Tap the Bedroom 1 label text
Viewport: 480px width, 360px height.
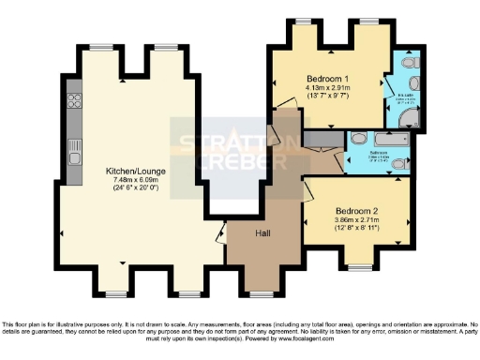(328, 79)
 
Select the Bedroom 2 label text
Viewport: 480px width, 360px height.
(358, 211)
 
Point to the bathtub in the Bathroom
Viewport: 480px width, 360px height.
(386, 139)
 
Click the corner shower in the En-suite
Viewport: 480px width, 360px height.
(409, 116)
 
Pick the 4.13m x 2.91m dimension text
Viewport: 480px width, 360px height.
(328, 88)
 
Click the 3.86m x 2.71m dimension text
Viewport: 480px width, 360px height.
(358, 220)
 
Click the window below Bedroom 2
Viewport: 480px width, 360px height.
(359, 268)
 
